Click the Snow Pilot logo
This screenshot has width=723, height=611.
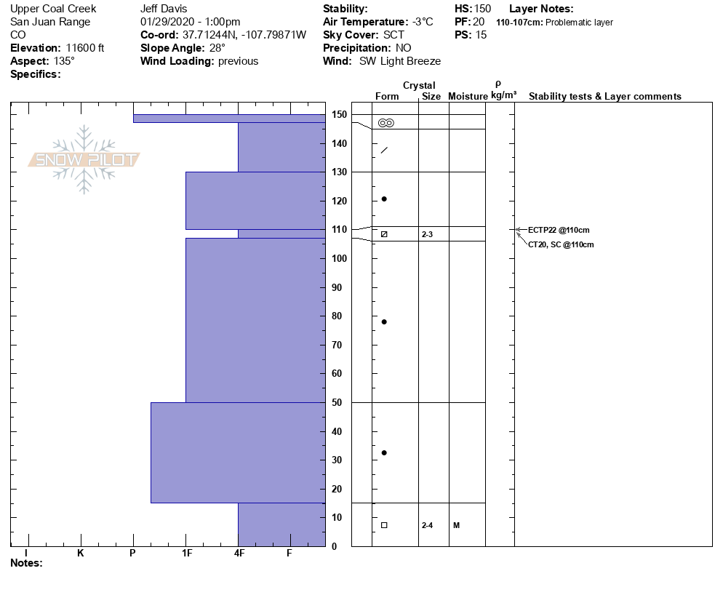click(x=84, y=159)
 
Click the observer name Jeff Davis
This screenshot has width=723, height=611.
click(x=163, y=9)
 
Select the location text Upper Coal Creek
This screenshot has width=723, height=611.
click(x=53, y=9)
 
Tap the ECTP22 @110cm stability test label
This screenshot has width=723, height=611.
click(x=559, y=230)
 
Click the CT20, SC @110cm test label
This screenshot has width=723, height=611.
click(x=561, y=244)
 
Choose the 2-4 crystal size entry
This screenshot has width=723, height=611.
click(x=427, y=525)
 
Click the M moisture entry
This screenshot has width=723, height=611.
click(x=456, y=525)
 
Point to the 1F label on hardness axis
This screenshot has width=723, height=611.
click(x=187, y=554)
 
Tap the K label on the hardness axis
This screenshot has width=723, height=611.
click(x=81, y=554)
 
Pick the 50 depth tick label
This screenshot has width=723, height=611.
click(x=338, y=402)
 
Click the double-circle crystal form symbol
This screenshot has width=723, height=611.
click(x=386, y=123)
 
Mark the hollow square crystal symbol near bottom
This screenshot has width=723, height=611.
click(x=384, y=525)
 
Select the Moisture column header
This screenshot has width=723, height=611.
click(x=468, y=97)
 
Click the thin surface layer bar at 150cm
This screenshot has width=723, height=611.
click(x=229, y=118)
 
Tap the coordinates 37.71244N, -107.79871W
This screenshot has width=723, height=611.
click(x=244, y=35)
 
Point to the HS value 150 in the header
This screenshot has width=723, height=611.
click(x=482, y=9)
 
